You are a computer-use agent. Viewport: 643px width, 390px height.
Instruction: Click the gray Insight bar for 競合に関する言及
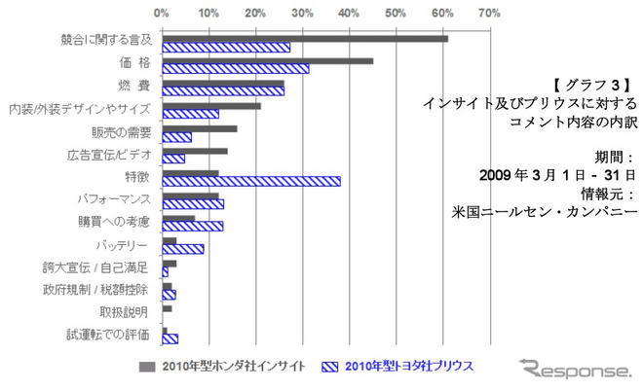304,38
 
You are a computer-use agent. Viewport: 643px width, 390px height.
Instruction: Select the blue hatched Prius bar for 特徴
250,181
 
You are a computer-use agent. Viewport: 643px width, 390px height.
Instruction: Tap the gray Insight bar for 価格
267,60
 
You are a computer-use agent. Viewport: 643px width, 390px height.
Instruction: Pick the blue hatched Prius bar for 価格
235,69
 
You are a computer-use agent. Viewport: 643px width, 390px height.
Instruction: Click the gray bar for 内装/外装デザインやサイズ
210,105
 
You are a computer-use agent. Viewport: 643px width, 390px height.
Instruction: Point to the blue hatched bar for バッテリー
182,248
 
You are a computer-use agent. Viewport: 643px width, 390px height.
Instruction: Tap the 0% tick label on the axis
162,14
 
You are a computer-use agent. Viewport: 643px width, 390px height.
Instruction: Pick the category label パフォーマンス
114,199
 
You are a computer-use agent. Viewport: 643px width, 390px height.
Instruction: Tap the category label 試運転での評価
109,335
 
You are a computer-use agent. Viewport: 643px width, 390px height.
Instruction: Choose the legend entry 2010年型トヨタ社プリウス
411,367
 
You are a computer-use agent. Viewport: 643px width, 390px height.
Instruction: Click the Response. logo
575,371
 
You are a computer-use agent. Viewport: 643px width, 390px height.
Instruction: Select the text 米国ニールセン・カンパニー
545,208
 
